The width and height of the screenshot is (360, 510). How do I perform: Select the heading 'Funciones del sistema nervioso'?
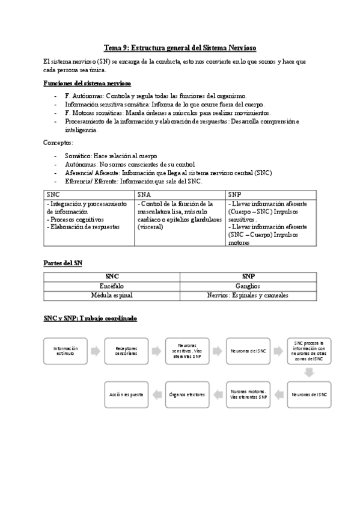pyautogui.click(x=88, y=83)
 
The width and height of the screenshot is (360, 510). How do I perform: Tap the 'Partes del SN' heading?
pyautogui.click(x=63, y=263)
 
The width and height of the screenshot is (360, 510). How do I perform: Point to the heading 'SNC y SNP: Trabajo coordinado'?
pyautogui.click(x=90, y=318)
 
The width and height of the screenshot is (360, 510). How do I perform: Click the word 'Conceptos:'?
pyautogui.click(x=58, y=143)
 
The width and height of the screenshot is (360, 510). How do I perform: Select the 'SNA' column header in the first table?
pyautogui.click(x=144, y=195)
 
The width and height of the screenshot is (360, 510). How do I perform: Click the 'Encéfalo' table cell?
pyautogui.click(x=112, y=286)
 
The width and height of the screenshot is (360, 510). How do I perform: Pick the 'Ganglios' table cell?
pyautogui.click(x=247, y=286)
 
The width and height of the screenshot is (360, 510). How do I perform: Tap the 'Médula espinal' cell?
pyautogui.click(x=112, y=295)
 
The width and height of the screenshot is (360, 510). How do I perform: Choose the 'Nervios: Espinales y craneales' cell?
pyautogui.click(x=247, y=295)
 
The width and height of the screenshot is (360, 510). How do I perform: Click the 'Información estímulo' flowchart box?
pyautogui.click(x=66, y=351)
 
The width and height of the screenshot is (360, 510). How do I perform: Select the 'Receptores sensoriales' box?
pyautogui.click(x=126, y=351)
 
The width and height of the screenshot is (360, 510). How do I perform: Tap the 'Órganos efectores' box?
pyautogui.click(x=187, y=395)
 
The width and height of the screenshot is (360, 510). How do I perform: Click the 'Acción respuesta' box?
pyautogui.click(x=126, y=395)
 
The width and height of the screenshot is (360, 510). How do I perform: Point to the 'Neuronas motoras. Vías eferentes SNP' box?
pyautogui.click(x=248, y=395)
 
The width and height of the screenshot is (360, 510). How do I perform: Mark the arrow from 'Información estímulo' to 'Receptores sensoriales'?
pyautogui.click(x=96, y=351)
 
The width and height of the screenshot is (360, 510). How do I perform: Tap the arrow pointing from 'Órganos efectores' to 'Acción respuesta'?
pyautogui.click(x=157, y=395)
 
